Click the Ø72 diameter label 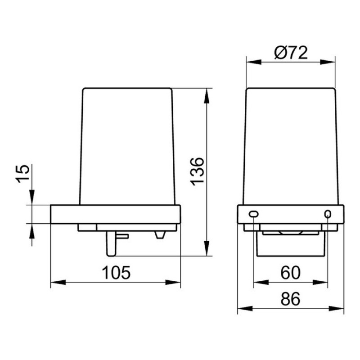tap(291, 53)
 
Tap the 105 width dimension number tap(116, 273)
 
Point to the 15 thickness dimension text tap(23, 173)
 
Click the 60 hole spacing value tap(290, 273)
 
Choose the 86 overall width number tap(290, 299)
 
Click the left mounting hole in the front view tap(254, 214)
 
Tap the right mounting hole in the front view tap(328, 214)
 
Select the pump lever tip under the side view tap(111, 244)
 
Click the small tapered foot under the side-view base tap(160, 235)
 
